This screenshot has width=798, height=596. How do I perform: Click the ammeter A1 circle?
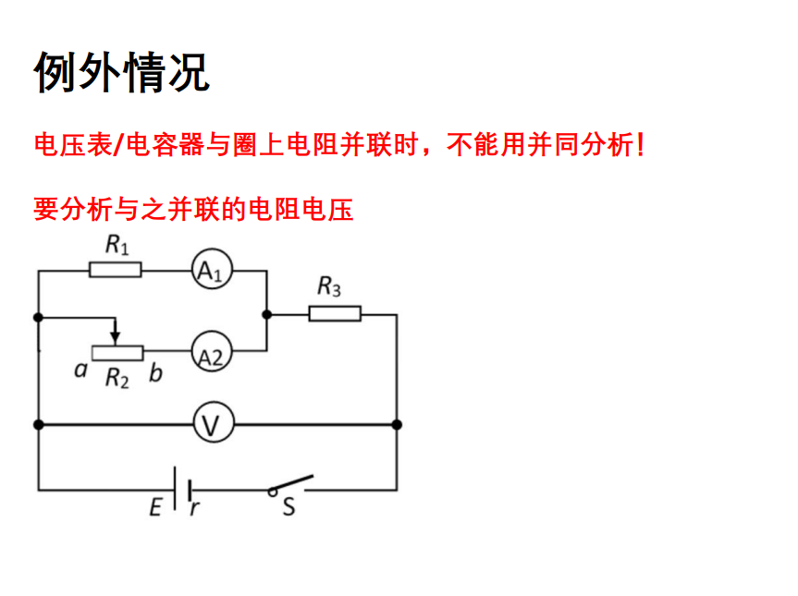pos(212,271)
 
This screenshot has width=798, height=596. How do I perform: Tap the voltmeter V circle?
pos(212,425)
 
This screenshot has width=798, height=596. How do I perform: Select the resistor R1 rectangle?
pos(116,270)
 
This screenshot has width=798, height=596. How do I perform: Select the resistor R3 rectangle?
pos(334,314)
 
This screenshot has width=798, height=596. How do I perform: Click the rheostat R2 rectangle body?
pos(117,352)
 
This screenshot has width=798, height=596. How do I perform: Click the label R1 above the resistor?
pos(117,246)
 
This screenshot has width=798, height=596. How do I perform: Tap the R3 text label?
pos(329,288)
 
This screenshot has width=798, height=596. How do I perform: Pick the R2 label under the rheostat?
pos(117,377)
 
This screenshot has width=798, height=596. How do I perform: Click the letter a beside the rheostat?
pos(80,371)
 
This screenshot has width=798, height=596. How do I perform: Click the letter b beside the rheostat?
pos(154,372)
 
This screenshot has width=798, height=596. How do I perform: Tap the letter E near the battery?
pos(155,506)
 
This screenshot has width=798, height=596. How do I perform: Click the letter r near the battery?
pos(195,507)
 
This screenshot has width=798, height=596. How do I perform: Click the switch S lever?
pos(292,482)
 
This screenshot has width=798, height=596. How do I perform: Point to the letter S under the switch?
pos(289,506)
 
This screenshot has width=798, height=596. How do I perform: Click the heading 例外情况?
pos(122,71)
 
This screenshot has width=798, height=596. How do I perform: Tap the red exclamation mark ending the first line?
pos(641,145)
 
